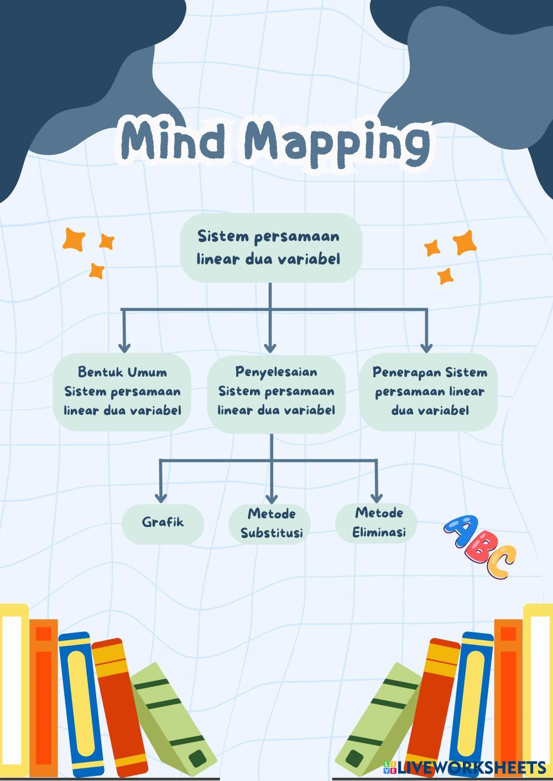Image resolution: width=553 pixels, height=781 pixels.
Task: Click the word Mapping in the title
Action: coord(337,141)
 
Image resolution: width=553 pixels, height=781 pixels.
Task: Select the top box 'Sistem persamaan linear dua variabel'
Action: coord(270,247)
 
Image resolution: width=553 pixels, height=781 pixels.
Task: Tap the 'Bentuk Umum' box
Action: coord(122,391)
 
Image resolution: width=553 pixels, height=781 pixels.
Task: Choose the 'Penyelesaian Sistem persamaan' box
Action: coord(276,391)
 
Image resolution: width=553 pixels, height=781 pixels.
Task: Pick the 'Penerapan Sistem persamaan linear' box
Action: coord(429,391)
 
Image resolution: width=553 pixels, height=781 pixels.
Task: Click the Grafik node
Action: coord(163,522)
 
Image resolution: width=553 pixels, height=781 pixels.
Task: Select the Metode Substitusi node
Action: coord(271,523)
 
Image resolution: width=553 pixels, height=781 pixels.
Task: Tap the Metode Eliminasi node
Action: coord(379,522)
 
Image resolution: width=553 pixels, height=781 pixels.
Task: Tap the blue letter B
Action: coord(479,547)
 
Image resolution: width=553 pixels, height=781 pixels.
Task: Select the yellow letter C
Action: coord(501,563)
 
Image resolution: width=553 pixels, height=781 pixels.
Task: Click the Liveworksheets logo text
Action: coord(470,767)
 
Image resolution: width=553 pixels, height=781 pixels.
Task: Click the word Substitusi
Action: coord(271,533)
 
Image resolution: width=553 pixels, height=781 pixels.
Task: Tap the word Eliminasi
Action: coord(379,532)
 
